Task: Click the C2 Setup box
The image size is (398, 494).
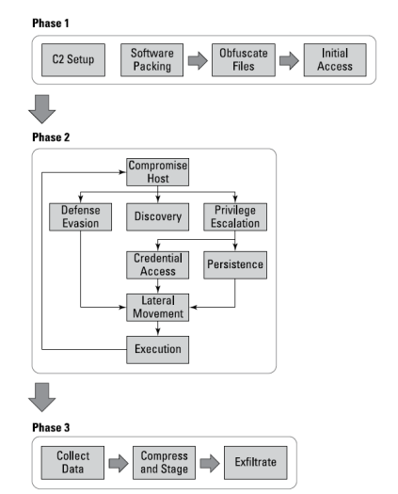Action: (x=73, y=60)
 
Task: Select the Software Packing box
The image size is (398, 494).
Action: (x=151, y=60)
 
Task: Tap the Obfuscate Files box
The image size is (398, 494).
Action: (x=244, y=60)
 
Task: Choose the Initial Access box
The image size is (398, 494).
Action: (x=335, y=60)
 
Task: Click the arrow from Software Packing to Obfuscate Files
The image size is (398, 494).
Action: (x=198, y=60)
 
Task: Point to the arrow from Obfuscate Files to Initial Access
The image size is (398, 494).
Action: (x=289, y=60)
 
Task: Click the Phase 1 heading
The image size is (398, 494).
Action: (x=51, y=23)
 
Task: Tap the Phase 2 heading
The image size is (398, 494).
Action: (x=51, y=137)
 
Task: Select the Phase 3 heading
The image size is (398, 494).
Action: (x=51, y=427)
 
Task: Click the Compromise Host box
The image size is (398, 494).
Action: (x=157, y=172)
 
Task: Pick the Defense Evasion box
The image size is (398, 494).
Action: (x=80, y=216)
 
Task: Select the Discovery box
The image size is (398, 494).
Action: (x=157, y=216)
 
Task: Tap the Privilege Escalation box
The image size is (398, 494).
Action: (x=235, y=216)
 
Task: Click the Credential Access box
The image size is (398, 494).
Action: (x=157, y=265)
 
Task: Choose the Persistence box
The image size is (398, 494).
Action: (x=235, y=265)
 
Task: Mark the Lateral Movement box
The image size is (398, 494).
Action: (x=157, y=308)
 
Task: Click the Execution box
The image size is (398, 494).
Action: (x=157, y=350)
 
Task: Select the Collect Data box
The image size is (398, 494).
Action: (x=72, y=463)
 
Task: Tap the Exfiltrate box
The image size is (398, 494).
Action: (x=256, y=463)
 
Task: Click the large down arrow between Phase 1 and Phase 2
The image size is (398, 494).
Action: (x=42, y=109)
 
